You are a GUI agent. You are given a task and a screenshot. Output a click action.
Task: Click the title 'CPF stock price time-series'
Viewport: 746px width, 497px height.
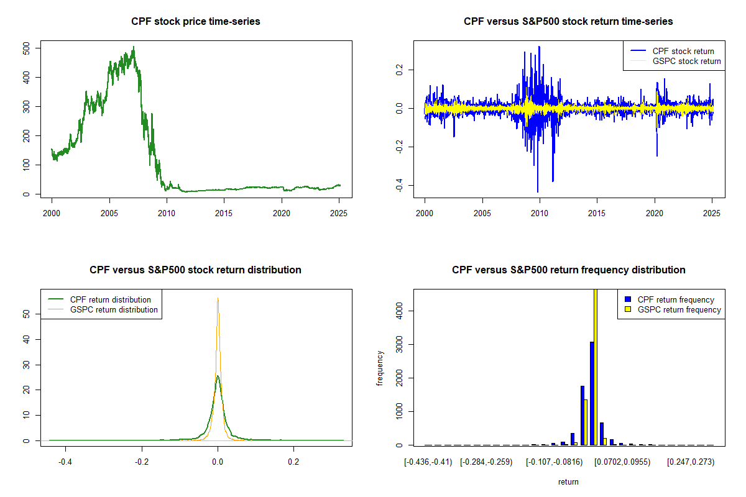click(196, 22)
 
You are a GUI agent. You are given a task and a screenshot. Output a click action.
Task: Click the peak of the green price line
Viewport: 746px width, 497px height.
click(134, 47)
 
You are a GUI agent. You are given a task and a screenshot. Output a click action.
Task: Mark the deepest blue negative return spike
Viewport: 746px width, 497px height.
click(538, 191)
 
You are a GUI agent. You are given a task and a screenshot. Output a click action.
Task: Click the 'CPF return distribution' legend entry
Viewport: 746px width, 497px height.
click(111, 299)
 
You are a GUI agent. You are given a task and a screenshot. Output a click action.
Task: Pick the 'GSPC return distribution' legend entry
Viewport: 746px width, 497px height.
click(114, 309)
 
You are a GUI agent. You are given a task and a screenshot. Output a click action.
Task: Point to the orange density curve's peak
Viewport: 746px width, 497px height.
click(218, 298)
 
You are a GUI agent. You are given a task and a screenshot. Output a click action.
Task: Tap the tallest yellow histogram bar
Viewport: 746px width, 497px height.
click(596, 367)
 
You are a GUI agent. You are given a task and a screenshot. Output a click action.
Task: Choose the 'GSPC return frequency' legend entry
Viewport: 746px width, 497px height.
click(679, 309)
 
